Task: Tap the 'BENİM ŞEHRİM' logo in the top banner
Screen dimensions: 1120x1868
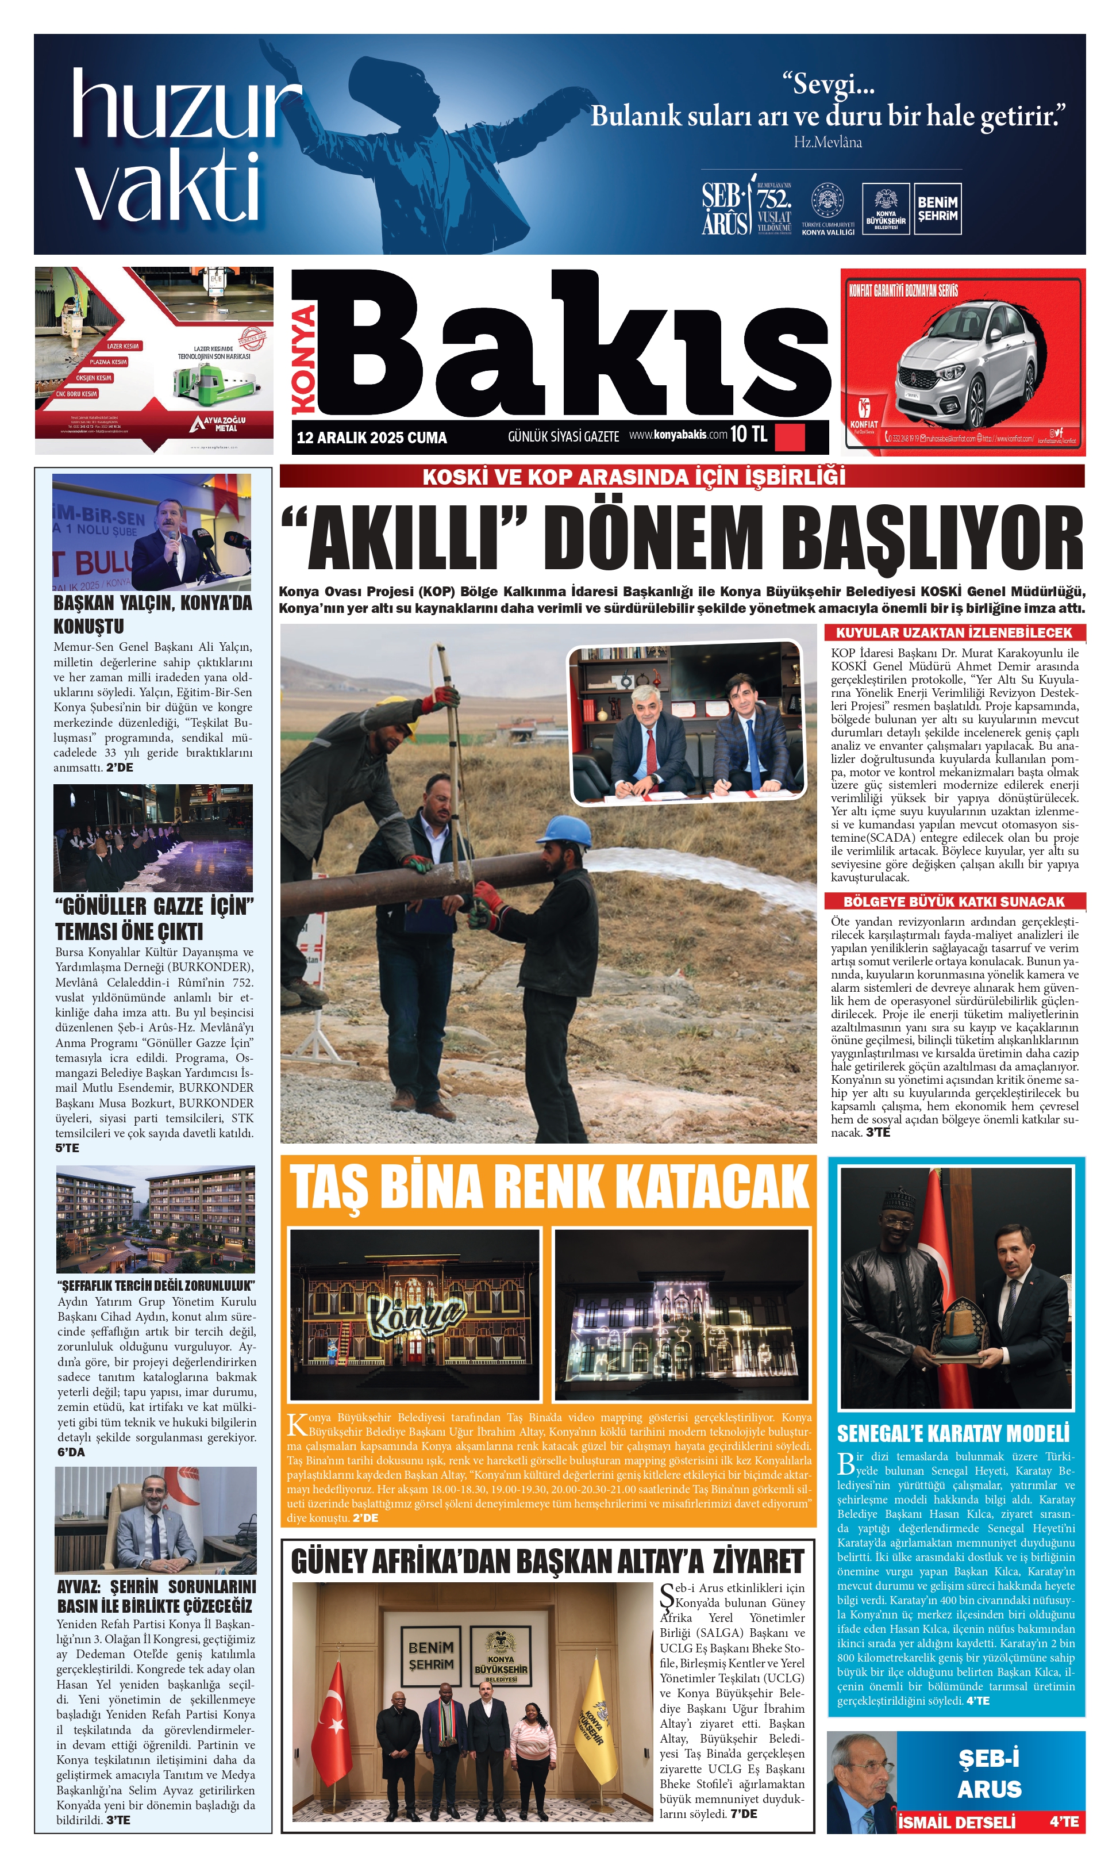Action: [x=937, y=209]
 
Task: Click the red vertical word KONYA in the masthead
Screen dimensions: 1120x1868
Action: [x=304, y=359]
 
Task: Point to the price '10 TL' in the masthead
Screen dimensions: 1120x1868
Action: [x=749, y=434]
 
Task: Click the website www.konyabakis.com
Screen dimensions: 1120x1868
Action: [x=678, y=435]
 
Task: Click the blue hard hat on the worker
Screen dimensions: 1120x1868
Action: [x=568, y=831]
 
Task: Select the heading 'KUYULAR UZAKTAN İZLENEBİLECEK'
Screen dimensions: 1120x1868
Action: [x=954, y=633]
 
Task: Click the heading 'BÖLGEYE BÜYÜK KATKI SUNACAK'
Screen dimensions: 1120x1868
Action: [x=954, y=902]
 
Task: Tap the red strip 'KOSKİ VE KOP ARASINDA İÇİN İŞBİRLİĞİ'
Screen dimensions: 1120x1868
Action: [x=634, y=477]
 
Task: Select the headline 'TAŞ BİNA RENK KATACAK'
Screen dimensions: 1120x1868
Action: [x=549, y=1187]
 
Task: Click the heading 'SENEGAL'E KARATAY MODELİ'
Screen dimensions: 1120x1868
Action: [x=953, y=1434]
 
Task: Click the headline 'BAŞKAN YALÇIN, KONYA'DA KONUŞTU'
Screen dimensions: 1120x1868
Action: [x=152, y=615]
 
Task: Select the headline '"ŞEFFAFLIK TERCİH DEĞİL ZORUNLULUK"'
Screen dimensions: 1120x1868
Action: [x=156, y=1285]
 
